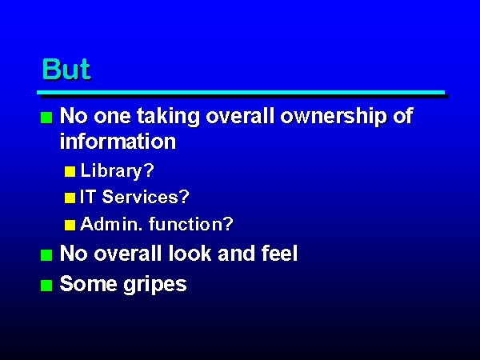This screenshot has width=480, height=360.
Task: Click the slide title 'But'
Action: point(66,69)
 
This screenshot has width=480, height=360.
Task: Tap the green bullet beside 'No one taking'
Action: point(46,118)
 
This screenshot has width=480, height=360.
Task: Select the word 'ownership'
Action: point(333,118)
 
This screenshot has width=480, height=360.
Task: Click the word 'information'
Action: point(118,142)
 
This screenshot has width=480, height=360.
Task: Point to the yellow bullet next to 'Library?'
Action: point(70,172)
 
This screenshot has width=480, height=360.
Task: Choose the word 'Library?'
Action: point(118,171)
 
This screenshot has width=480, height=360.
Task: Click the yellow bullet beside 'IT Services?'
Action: point(70,198)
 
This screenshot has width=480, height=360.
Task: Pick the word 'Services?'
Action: point(146,197)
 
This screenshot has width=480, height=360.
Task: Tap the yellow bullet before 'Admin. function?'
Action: point(70,226)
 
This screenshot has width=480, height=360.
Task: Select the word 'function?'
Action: point(191,224)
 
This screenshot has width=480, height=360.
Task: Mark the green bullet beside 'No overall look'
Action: point(46,255)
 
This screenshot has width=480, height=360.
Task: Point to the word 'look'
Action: point(190,254)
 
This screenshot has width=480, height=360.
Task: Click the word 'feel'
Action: point(279,254)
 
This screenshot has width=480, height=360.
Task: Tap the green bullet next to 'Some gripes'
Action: point(46,286)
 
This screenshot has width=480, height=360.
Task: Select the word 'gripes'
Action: point(155,286)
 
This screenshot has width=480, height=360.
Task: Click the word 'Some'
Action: point(89,284)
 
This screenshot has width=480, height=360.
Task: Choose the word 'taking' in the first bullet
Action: point(168,118)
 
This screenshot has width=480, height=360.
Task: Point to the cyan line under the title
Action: point(241,93)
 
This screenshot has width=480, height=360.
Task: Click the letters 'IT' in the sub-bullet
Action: point(87,197)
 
